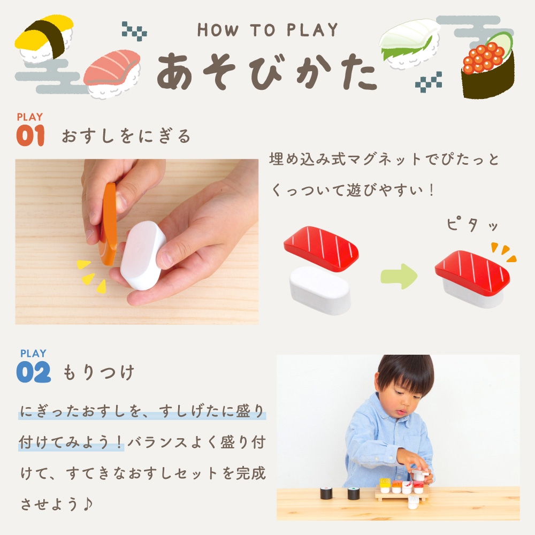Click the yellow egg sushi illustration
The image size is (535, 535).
[44, 38]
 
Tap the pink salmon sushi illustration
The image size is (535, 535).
[112, 74]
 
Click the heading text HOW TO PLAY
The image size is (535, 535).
[267, 30]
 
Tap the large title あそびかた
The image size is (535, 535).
[267, 72]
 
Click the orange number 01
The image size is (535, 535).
[30, 135]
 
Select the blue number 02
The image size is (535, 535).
[33, 372]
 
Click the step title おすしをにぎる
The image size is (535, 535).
[126, 136]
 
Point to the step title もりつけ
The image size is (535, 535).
[98, 372]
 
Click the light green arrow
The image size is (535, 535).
[399, 277]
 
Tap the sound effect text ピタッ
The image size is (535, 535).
[472, 224]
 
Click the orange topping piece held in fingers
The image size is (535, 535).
[109, 224]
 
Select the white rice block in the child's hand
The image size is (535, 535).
[143, 255]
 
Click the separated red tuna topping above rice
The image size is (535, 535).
[321, 248]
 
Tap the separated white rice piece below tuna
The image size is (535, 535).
[320, 290]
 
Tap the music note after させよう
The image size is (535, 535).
[88, 503]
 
